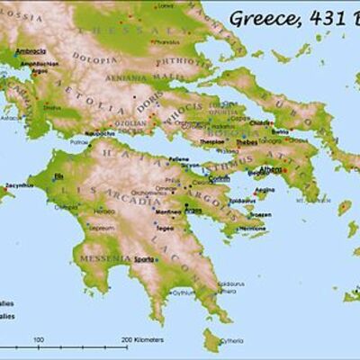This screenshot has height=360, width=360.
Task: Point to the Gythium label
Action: [x=184, y=292]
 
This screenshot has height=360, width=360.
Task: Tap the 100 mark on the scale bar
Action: [x=39, y=339]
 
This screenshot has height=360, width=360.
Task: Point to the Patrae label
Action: [x=81, y=141]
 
